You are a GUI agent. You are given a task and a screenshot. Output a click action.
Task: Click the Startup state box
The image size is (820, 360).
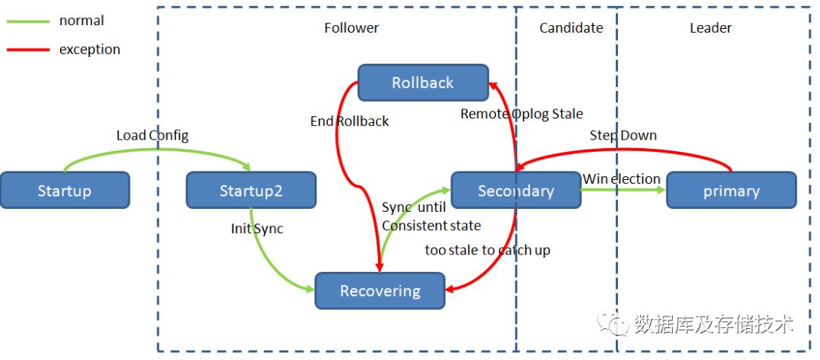65,190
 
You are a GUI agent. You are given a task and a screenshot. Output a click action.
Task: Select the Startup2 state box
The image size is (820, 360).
251,190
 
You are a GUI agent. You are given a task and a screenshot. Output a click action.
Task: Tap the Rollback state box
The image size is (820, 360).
423,83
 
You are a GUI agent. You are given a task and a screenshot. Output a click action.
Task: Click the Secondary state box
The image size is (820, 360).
516,190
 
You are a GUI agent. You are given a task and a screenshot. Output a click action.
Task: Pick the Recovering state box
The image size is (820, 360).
380,290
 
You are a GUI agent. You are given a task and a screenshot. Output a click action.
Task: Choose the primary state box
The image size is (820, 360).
731,190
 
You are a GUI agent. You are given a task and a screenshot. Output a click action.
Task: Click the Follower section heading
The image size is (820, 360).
352,28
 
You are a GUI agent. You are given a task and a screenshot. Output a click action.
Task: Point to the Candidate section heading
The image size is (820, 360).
571,28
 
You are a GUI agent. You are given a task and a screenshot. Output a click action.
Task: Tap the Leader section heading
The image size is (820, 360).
711,28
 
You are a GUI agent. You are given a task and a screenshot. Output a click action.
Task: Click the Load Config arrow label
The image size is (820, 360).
152,135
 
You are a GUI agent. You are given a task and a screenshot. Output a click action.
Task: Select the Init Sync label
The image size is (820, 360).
257,229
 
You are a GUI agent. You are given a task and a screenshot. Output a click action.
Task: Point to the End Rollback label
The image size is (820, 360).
349,122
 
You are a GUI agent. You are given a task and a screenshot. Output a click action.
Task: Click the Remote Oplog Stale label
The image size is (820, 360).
522,114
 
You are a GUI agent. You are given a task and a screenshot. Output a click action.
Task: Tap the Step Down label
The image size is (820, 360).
623,135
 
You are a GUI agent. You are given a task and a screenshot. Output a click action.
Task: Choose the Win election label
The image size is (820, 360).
622,179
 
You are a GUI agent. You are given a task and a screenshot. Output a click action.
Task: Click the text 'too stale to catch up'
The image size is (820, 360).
487,250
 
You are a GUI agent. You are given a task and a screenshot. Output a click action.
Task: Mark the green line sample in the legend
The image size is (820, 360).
28,21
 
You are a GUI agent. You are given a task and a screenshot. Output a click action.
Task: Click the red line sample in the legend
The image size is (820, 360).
28,50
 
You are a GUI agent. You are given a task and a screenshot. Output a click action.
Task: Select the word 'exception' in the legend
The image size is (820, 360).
90,49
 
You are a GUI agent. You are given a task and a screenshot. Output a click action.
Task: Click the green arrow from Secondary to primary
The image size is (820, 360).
623,189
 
